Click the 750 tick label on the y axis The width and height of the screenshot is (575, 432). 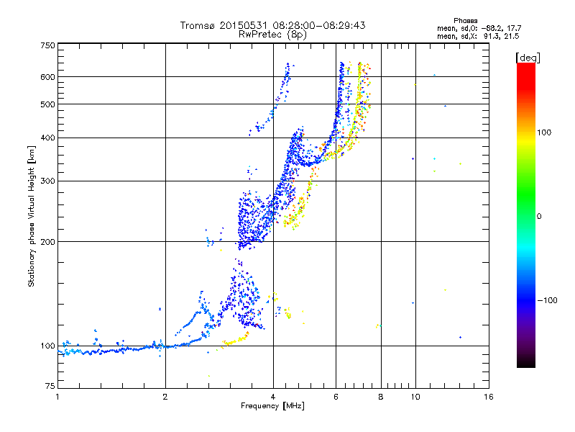(x=47, y=45)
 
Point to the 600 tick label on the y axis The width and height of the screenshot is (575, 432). (x=47, y=76)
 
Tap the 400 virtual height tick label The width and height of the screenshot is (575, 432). (x=47, y=138)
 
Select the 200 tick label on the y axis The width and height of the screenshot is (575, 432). (x=47, y=241)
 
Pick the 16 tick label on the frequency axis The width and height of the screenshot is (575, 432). (x=489, y=397)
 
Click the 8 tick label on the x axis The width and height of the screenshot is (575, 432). (x=381, y=397)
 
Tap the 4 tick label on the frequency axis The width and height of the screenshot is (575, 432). (x=273, y=397)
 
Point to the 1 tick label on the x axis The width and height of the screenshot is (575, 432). (x=57, y=397)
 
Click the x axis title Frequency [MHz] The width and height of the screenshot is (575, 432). (x=272, y=407)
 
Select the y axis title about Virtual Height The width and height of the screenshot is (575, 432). (x=32, y=216)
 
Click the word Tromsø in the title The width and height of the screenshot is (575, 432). (x=197, y=25)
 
